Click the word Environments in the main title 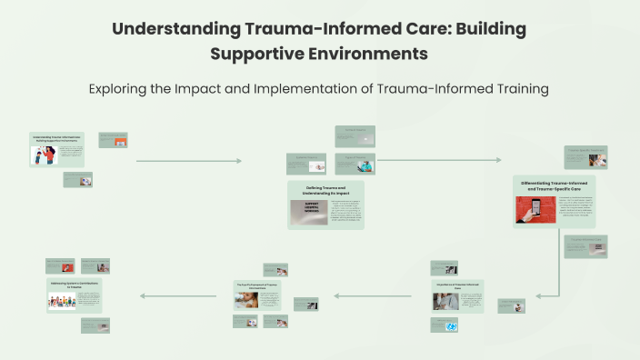(370, 54)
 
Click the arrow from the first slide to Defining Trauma (189, 161)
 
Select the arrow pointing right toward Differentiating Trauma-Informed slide (439, 161)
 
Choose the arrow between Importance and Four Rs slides (367, 295)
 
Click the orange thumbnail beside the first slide (113, 140)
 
